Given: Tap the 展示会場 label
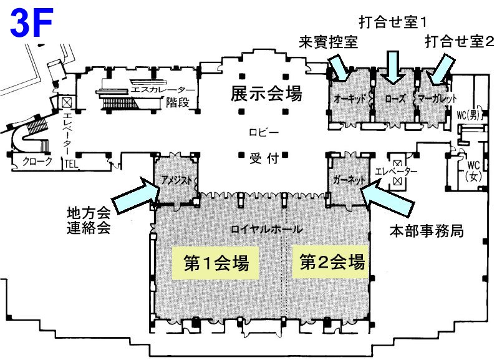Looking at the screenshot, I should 266,94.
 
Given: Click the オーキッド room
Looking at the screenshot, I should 349,99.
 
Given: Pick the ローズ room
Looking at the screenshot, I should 395,99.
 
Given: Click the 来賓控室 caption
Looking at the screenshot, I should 329,43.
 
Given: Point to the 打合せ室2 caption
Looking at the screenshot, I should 460,43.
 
